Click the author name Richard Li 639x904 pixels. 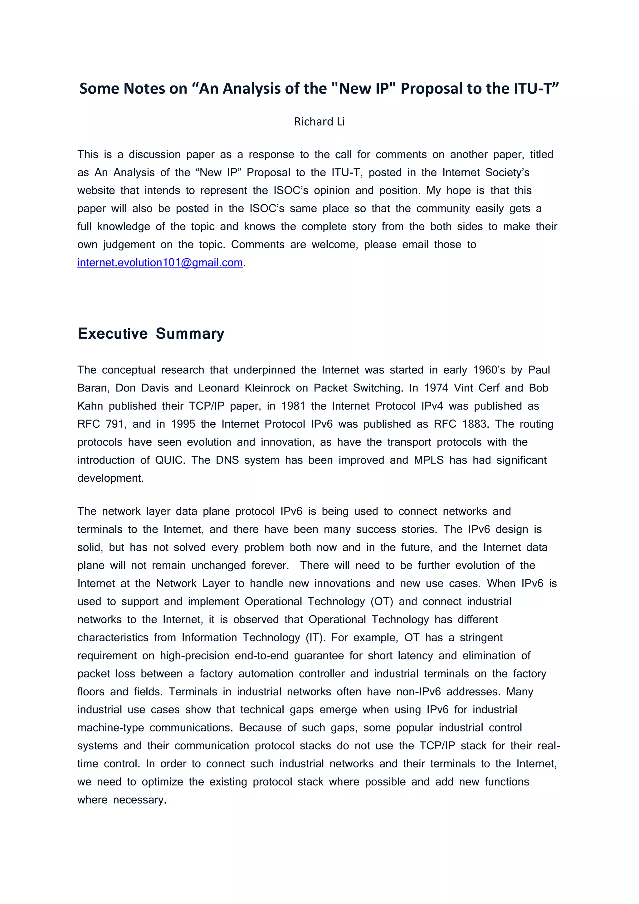tap(319, 122)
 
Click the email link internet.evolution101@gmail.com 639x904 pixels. tap(160, 263)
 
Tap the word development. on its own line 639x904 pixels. tap(110, 478)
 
